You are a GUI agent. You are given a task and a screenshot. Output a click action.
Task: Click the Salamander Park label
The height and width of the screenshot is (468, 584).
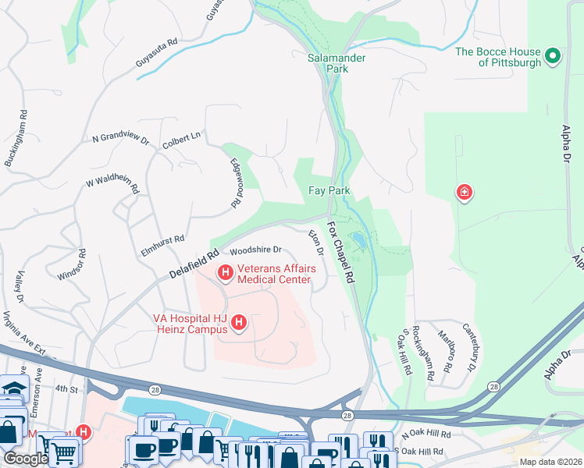[x=337, y=63]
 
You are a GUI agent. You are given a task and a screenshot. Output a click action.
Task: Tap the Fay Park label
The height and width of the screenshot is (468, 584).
[x=329, y=190]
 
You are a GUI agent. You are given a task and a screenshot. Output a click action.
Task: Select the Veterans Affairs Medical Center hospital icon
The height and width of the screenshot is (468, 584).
[x=225, y=272]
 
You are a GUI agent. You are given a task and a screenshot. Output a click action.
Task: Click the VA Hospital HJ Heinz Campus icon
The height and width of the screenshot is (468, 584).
[x=240, y=321]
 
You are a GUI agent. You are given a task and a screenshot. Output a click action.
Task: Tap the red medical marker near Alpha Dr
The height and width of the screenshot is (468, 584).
[x=465, y=192]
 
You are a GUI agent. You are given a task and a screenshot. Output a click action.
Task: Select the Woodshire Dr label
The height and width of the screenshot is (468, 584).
[x=255, y=250]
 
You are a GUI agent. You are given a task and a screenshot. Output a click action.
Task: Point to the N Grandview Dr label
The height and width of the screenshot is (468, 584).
[x=120, y=138]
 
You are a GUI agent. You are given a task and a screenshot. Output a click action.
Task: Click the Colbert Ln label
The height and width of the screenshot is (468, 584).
[x=181, y=139]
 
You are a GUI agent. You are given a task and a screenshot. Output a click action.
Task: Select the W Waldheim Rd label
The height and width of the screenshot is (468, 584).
[x=112, y=184]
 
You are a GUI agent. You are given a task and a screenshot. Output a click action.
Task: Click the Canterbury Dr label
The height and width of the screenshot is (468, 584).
[x=469, y=346]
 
